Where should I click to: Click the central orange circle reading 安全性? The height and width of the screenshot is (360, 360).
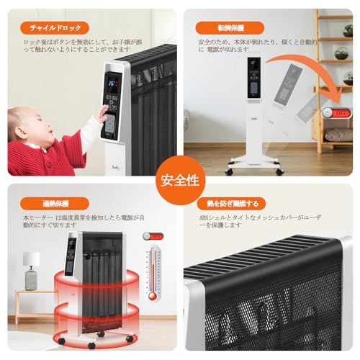(180, 179)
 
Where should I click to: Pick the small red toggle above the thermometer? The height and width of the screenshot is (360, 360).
(151, 235)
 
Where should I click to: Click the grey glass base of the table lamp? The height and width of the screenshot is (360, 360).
(31, 278)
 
